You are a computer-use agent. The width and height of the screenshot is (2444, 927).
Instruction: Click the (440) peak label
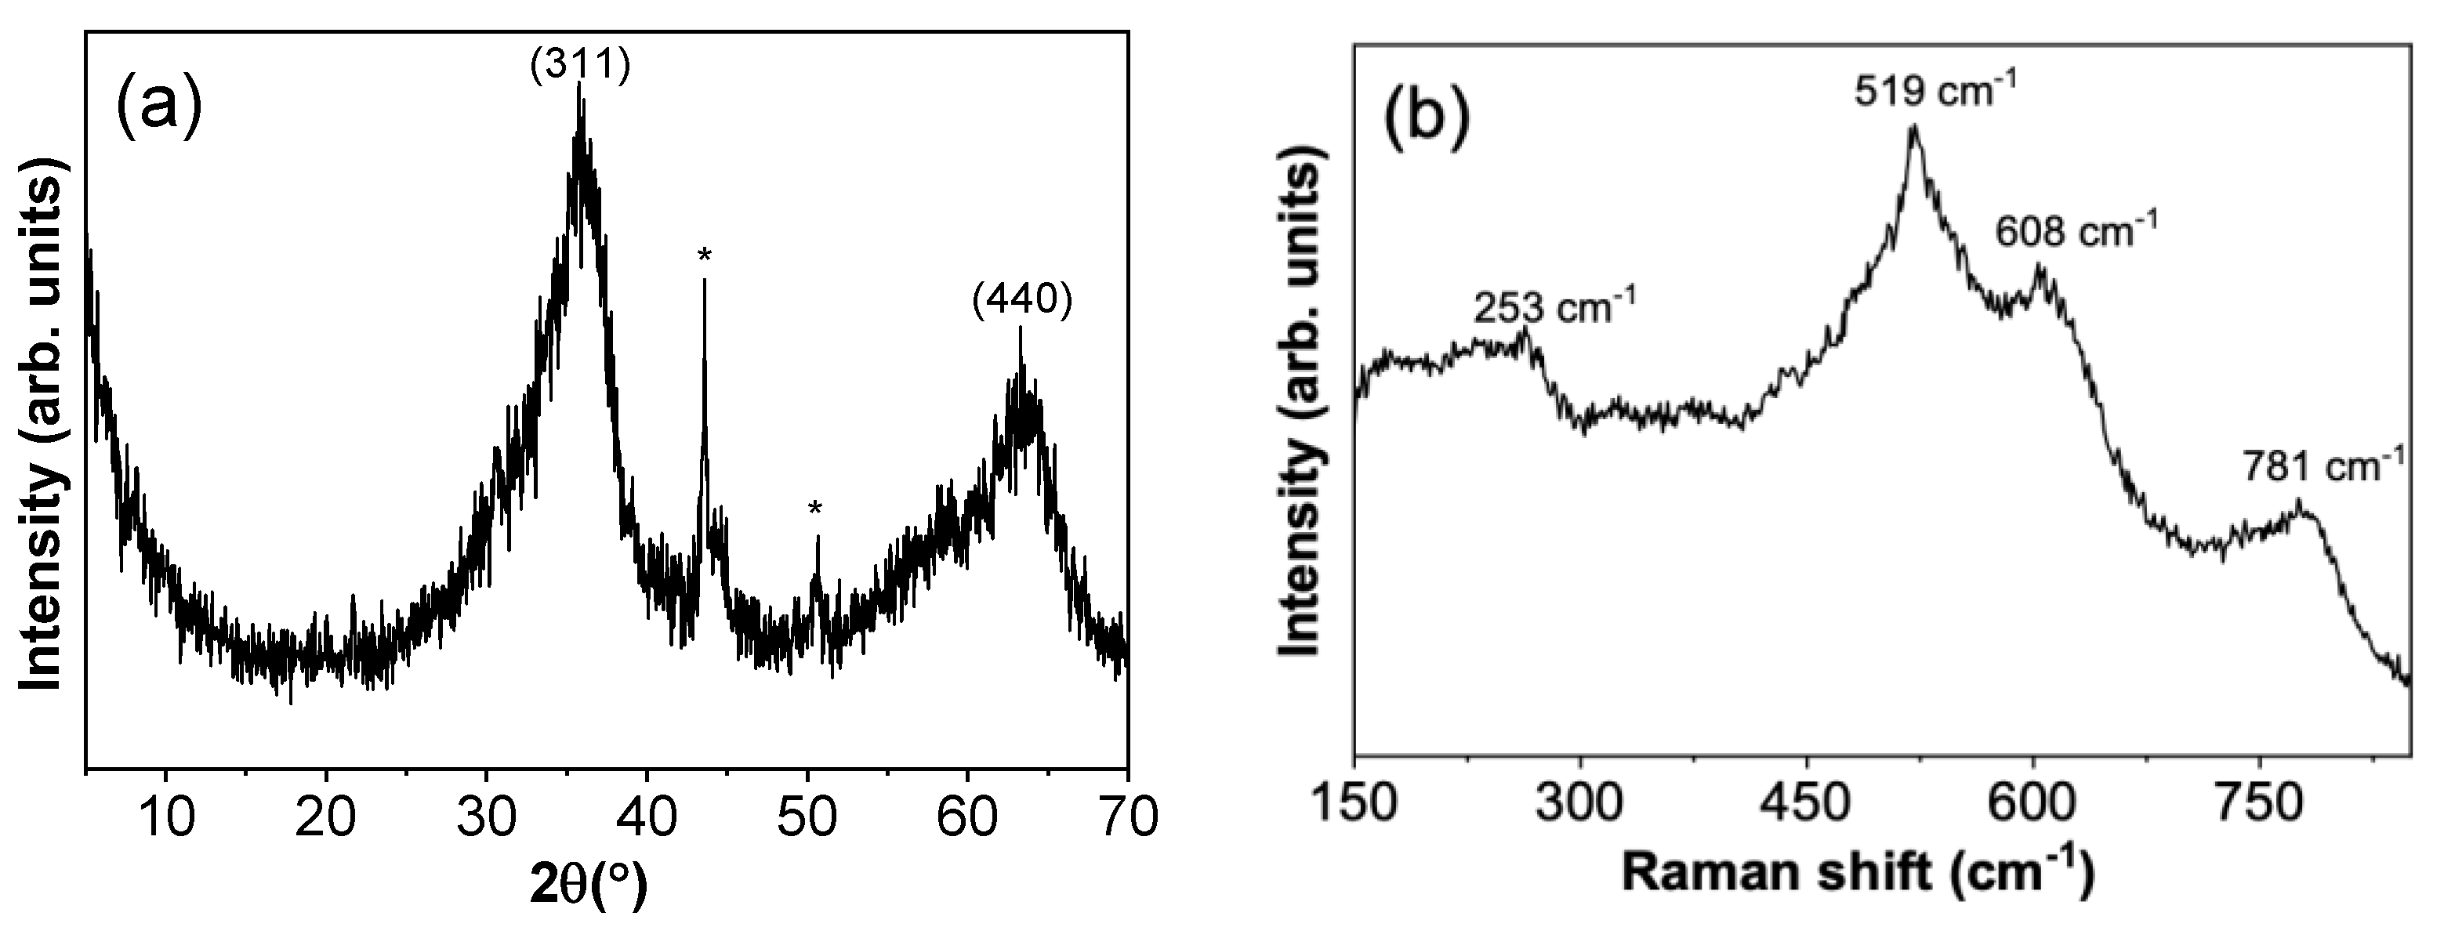pyautogui.click(x=1022, y=301)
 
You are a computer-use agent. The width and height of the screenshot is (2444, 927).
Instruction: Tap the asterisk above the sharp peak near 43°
pyautogui.click(x=704, y=255)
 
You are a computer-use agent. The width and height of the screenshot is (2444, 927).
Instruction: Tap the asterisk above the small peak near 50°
pyautogui.click(x=815, y=510)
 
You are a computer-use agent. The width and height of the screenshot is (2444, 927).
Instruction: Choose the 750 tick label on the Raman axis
pyautogui.click(x=2259, y=805)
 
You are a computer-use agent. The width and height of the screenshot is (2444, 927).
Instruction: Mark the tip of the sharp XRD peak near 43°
pyautogui.click(x=704, y=279)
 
